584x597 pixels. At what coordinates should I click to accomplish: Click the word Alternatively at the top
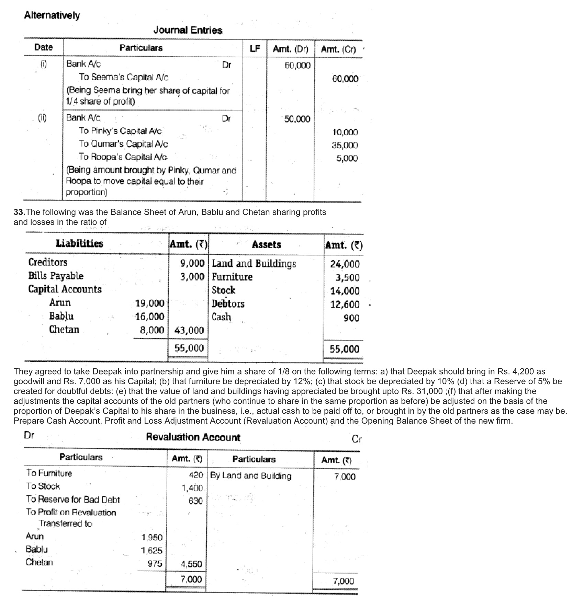coord(52,15)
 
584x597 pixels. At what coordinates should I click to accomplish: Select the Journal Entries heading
coord(188,31)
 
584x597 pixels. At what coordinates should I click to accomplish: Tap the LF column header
coord(255,49)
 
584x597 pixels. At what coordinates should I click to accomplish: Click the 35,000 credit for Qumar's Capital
coord(345,145)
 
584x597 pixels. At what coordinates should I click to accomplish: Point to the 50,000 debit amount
coord(297,119)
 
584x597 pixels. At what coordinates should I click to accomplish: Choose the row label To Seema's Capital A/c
coord(124,77)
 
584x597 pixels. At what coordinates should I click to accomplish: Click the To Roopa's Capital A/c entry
coord(123,157)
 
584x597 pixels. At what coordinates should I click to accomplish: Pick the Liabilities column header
coord(79,244)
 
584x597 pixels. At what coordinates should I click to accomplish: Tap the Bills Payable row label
coord(56,276)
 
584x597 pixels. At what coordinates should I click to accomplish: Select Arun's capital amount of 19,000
coord(150,303)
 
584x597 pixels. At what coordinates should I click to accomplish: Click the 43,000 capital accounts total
coord(189,331)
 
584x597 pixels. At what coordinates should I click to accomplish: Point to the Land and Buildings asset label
coord(254,264)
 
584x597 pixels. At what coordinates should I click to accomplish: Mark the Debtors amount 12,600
coord(345,305)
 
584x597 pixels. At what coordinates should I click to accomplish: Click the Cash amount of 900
coord(351,318)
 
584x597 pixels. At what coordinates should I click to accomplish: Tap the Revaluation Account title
coord(193,437)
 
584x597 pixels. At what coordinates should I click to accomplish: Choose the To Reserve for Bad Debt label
coord(73,500)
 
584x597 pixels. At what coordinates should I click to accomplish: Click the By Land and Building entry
coord(250,476)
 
